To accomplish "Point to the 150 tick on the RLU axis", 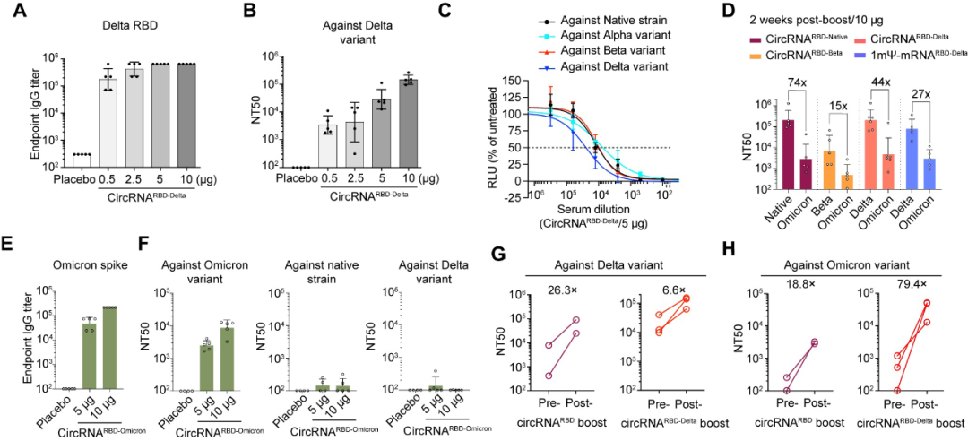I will pyautogui.click(x=513, y=81).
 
